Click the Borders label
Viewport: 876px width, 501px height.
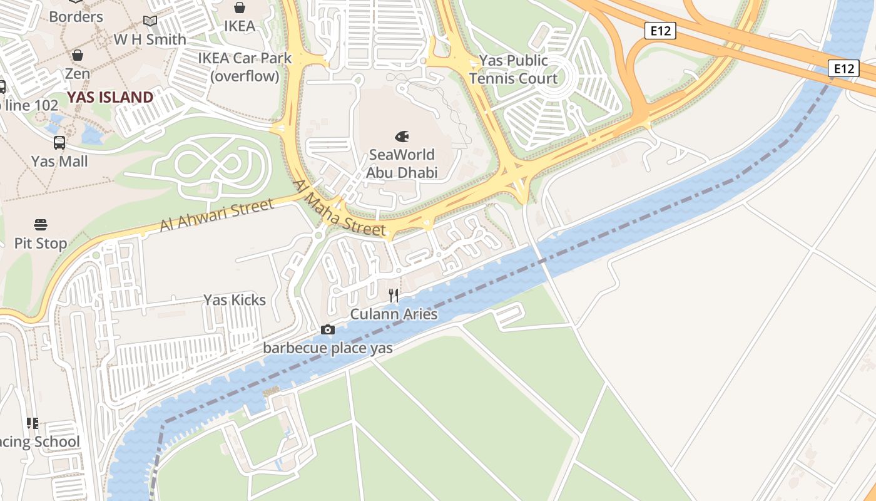(76, 16)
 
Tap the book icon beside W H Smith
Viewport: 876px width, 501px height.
(150, 21)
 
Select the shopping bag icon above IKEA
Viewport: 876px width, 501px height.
(240, 8)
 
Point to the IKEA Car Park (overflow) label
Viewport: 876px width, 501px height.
(245, 67)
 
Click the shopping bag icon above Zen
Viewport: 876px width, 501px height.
(78, 55)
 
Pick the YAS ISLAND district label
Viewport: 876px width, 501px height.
(110, 97)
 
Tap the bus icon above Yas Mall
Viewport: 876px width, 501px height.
(59, 143)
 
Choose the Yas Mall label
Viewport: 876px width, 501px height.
(59, 162)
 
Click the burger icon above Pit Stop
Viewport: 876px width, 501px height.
(41, 224)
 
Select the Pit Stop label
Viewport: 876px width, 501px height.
(41, 243)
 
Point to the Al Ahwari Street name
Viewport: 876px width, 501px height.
(216, 215)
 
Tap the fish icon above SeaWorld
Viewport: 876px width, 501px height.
(402, 136)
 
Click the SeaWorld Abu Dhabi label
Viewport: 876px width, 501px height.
(402, 163)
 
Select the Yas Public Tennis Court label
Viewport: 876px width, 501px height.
(513, 70)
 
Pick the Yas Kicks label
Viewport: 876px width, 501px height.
(235, 300)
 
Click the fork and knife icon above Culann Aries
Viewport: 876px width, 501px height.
(394, 295)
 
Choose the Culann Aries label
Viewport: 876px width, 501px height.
(394, 314)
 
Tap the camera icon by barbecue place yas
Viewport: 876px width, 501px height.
(327, 329)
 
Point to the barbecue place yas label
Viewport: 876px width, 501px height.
(328, 348)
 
